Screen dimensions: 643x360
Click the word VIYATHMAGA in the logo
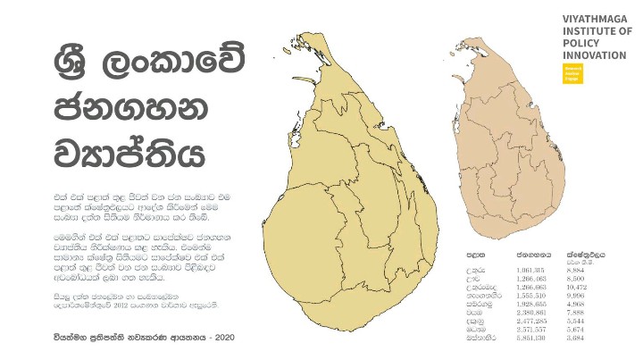[x=592, y=18]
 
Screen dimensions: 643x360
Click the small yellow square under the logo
[x=572, y=73]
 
